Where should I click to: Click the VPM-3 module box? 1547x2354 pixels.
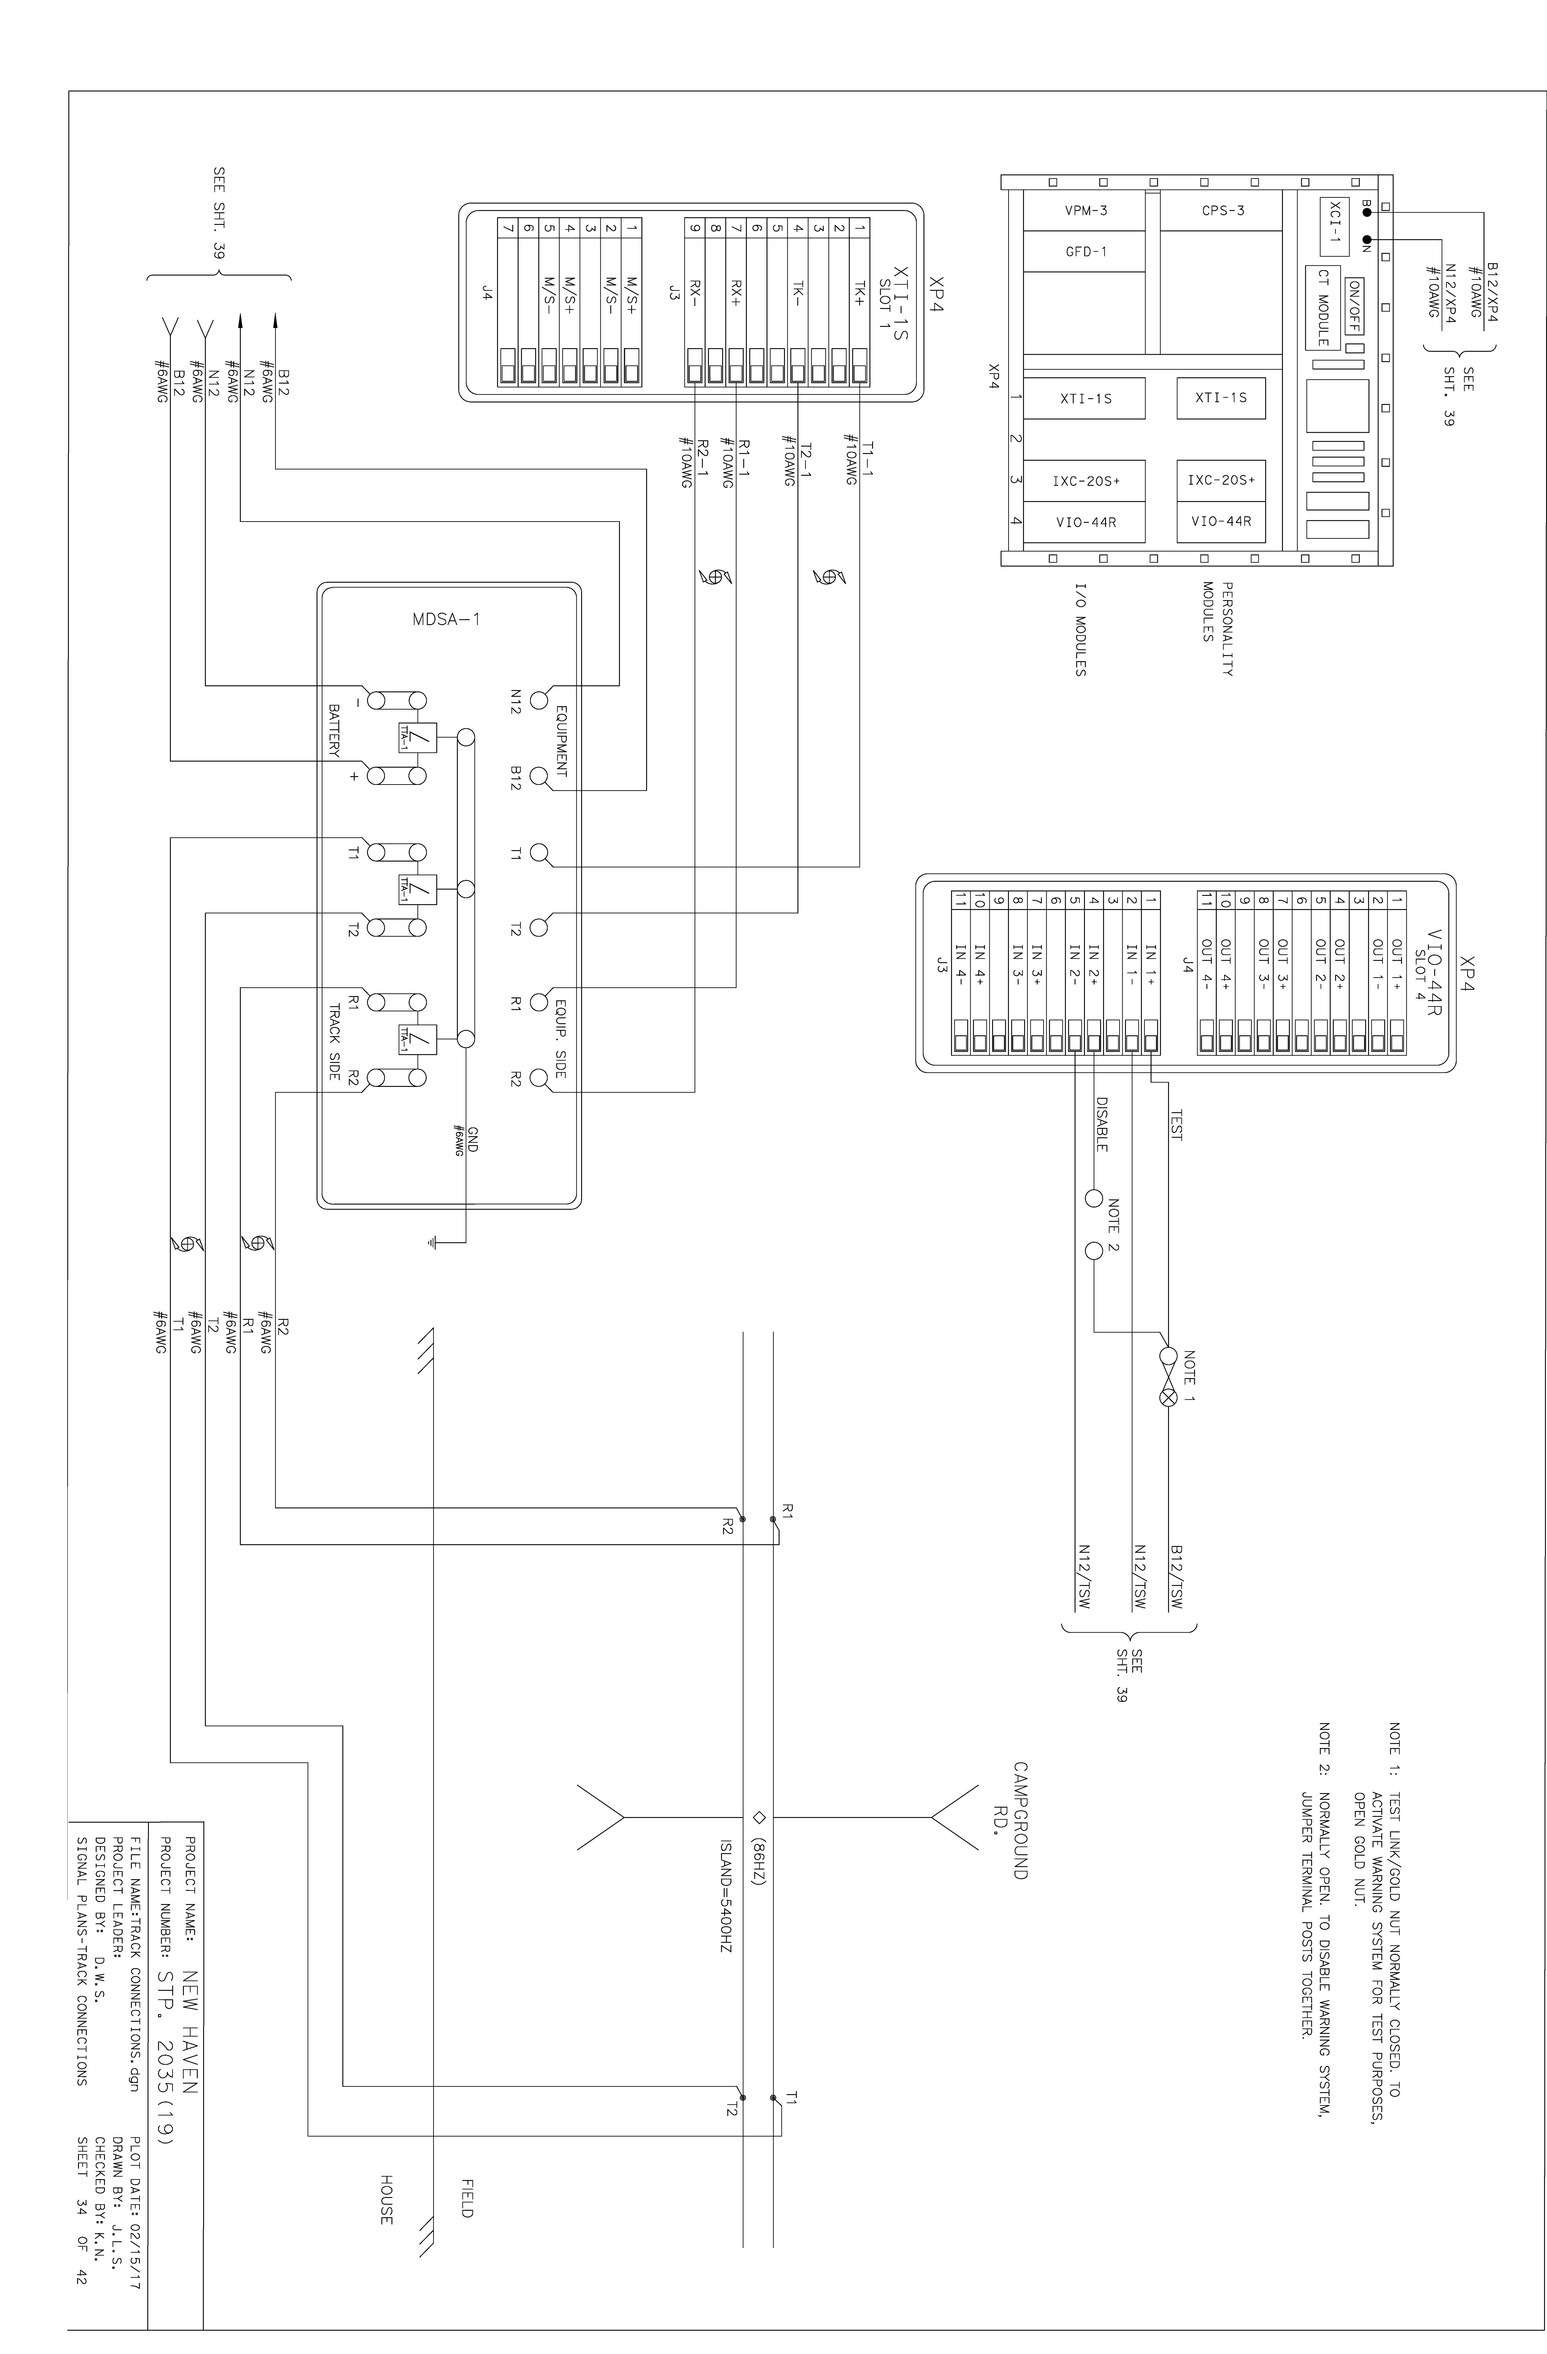pos(1085,211)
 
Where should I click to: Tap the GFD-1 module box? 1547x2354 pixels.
pos(1085,251)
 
